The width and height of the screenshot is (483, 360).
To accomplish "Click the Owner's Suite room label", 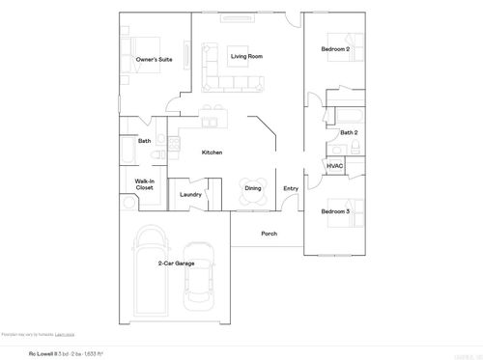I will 154,60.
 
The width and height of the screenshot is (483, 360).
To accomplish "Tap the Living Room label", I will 247,57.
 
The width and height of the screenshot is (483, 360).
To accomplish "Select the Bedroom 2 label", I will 334,49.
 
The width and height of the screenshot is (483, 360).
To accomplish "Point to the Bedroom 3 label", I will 334,210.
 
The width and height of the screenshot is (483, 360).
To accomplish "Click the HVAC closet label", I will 334,166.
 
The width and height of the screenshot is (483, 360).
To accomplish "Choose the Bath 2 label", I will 349,132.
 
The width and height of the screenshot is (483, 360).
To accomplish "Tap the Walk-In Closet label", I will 144,184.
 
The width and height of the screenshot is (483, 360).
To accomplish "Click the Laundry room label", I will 190,194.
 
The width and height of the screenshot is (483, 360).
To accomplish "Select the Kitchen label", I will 213,152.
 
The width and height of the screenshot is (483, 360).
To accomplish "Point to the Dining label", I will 252,188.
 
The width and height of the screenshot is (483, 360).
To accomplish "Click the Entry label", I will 291,188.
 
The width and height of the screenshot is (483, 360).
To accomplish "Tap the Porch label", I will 270,234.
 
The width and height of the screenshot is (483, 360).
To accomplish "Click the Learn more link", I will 64,333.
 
